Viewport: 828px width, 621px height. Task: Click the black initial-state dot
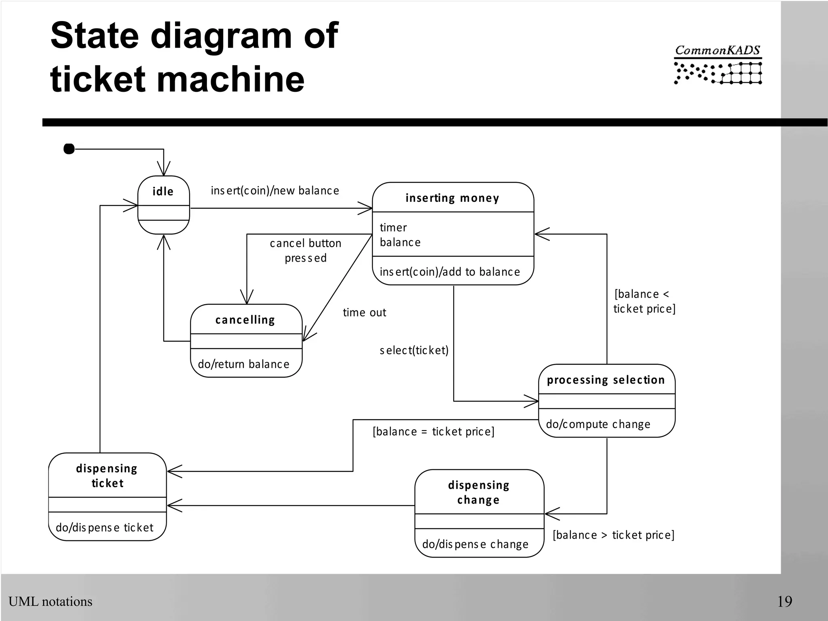coord(69,149)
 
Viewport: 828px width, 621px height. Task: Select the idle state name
coord(163,191)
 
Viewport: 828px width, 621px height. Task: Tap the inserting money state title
coord(452,198)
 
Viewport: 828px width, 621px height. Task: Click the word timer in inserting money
coord(393,228)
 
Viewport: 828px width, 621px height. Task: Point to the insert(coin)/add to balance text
coord(450,272)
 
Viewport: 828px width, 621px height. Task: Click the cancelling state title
coord(245,320)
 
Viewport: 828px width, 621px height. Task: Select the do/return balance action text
coord(243,364)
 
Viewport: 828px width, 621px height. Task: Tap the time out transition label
coord(364,313)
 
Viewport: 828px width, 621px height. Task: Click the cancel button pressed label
coord(305,250)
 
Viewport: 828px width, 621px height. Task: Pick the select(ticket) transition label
coord(414,350)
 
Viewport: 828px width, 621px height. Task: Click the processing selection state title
coord(606,380)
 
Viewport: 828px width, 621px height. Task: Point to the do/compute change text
coord(598,424)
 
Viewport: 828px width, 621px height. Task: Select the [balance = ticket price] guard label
coord(433,432)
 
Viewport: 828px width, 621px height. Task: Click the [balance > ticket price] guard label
coord(613,535)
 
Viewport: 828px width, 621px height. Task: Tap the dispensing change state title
coord(479,492)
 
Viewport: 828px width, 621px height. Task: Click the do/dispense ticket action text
coord(105,528)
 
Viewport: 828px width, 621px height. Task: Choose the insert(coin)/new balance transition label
coord(275,191)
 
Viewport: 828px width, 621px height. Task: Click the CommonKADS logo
coord(718,65)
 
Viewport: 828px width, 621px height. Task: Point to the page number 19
coord(784,602)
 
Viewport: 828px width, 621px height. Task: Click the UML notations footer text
coord(51,602)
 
